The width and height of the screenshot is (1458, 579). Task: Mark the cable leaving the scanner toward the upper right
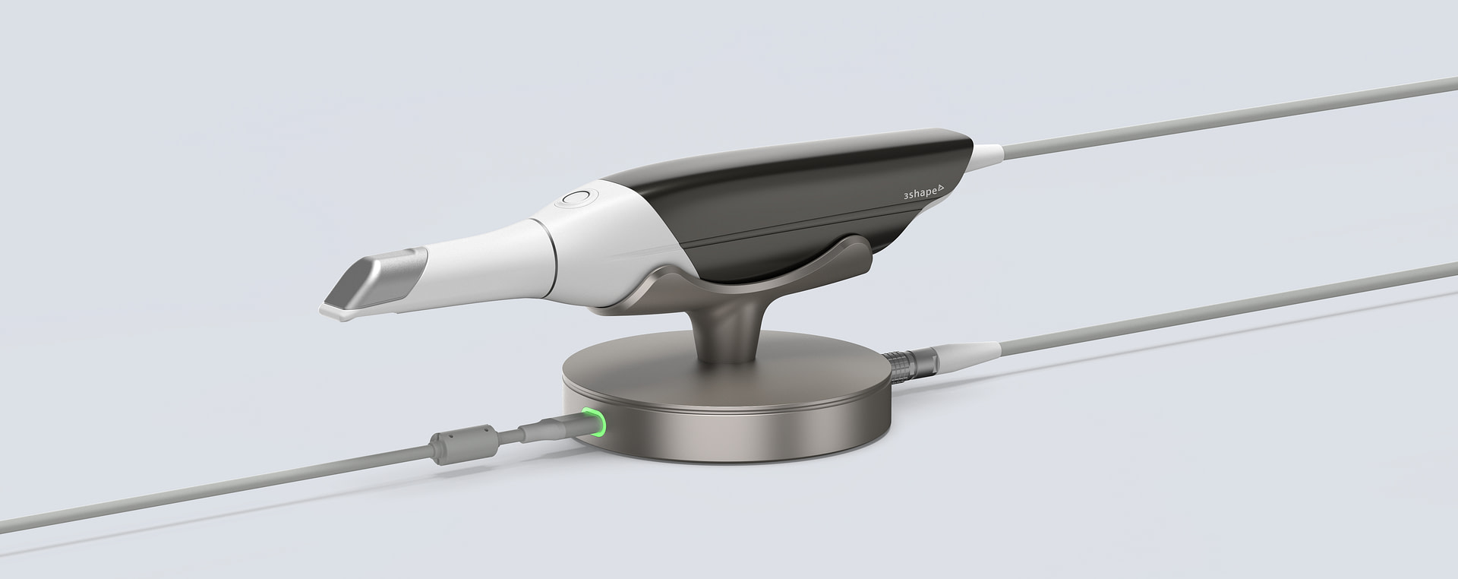[x=1215, y=114]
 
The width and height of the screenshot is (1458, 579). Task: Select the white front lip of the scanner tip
[x=334, y=310]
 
